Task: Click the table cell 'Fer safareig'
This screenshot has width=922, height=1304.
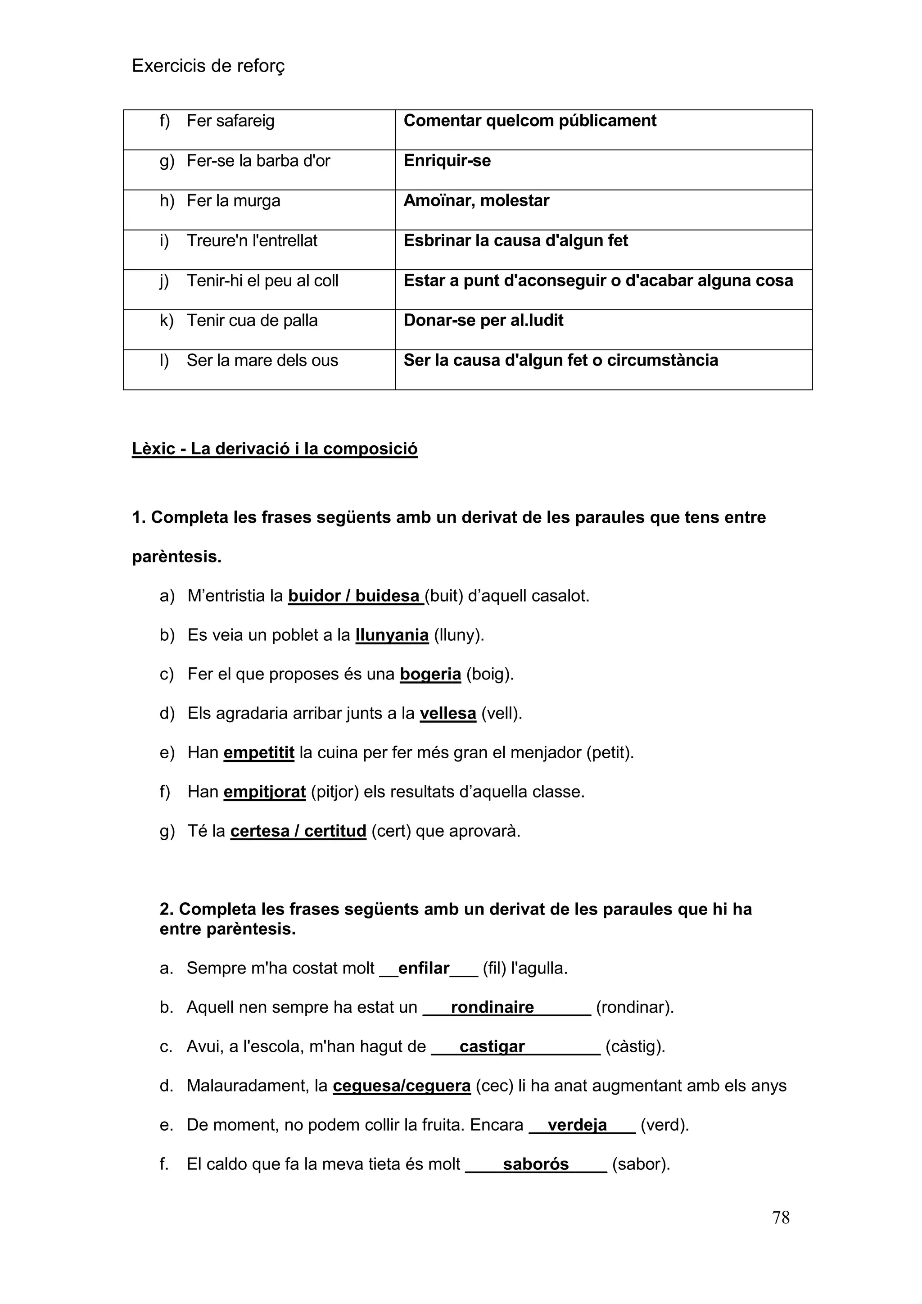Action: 230,121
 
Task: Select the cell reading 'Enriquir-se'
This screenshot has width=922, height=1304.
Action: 447,161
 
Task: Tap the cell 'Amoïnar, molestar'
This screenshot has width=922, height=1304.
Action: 476,200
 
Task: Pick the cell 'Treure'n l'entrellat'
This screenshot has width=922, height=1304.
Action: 252,241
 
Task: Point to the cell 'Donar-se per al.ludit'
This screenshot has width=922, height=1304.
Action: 483,320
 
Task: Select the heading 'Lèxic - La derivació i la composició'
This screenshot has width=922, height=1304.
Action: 274,448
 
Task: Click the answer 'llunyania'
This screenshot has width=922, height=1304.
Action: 392,635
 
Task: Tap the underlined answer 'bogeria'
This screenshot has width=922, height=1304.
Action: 430,674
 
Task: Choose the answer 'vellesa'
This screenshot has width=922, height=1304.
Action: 447,713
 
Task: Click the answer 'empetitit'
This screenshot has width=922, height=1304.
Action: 259,752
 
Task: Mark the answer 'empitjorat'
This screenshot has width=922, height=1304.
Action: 265,792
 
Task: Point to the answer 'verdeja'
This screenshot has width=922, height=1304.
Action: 577,1125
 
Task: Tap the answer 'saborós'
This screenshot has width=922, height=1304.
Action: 535,1164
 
